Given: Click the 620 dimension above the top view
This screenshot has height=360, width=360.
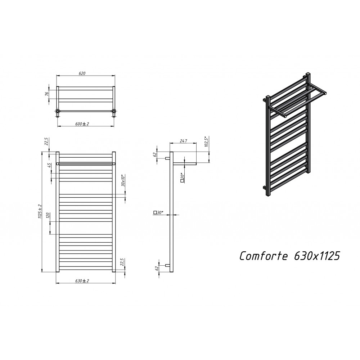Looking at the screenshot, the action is [82, 73].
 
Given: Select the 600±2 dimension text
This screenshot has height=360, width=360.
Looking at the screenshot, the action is [82, 124].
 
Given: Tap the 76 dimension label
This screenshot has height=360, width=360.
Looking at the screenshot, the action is [46, 94].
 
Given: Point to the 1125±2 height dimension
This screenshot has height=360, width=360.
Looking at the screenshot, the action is [40, 211].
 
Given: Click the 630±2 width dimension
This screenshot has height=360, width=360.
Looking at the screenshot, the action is [82, 280].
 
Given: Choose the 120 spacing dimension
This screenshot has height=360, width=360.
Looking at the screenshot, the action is [48, 215].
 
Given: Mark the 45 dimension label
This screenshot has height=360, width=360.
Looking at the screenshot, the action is [49, 165].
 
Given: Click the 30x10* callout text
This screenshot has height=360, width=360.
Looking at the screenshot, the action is [123, 181].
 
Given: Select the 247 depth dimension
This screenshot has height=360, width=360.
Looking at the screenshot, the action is [184, 141].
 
